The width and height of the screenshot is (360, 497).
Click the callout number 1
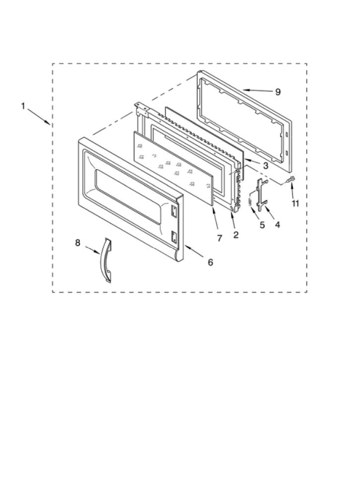point(23,106)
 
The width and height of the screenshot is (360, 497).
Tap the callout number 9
point(278,92)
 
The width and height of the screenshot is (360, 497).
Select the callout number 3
point(265,165)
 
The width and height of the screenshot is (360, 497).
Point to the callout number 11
point(295,203)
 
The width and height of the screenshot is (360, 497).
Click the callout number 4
point(278,225)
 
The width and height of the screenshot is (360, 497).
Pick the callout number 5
point(262,225)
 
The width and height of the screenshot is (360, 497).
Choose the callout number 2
point(236,235)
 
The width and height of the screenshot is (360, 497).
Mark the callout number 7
point(220,238)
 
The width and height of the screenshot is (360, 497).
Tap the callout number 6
point(211,262)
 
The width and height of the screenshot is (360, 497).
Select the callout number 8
point(77,243)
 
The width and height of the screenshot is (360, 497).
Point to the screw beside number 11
point(291,180)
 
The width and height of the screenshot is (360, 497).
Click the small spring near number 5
point(251,201)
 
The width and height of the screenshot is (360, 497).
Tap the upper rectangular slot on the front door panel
point(173,211)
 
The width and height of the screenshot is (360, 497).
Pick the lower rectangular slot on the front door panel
point(174,236)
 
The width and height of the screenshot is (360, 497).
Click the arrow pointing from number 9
point(257,91)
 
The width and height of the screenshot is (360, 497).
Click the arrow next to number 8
point(92,250)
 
